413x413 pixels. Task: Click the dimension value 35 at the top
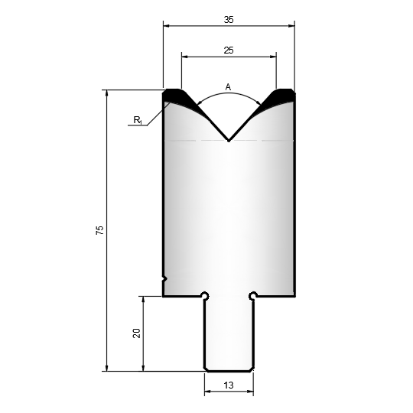(229, 20)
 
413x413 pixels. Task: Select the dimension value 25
(229, 50)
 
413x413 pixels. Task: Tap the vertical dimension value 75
(100, 230)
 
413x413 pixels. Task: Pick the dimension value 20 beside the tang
(136, 333)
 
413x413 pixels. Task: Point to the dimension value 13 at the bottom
(229, 385)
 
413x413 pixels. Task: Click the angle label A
(228, 87)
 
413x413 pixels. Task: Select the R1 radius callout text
(138, 120)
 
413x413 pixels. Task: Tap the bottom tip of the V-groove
(229, 141)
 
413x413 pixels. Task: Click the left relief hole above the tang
(205, 296)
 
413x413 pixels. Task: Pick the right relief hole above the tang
(253, 296)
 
